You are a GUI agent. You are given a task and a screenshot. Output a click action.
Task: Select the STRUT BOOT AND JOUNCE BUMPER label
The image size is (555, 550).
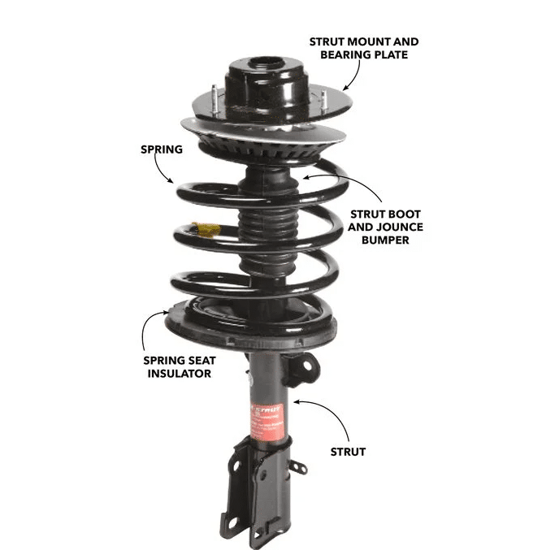[x=385, y=227]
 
